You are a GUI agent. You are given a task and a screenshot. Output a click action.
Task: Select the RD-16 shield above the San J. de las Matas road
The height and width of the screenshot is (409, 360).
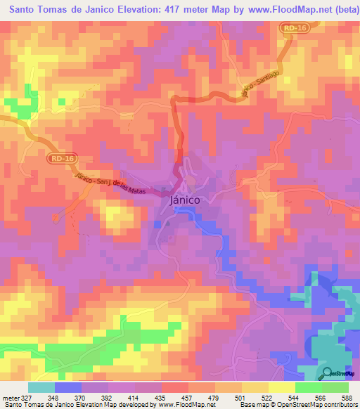(63, 160)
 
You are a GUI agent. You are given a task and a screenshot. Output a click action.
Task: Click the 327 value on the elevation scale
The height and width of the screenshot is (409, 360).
(26, 397)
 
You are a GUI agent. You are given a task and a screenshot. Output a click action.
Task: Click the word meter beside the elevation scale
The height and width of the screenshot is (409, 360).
(10, 397)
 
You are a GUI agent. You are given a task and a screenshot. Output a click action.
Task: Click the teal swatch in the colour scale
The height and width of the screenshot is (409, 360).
(41, 387)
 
